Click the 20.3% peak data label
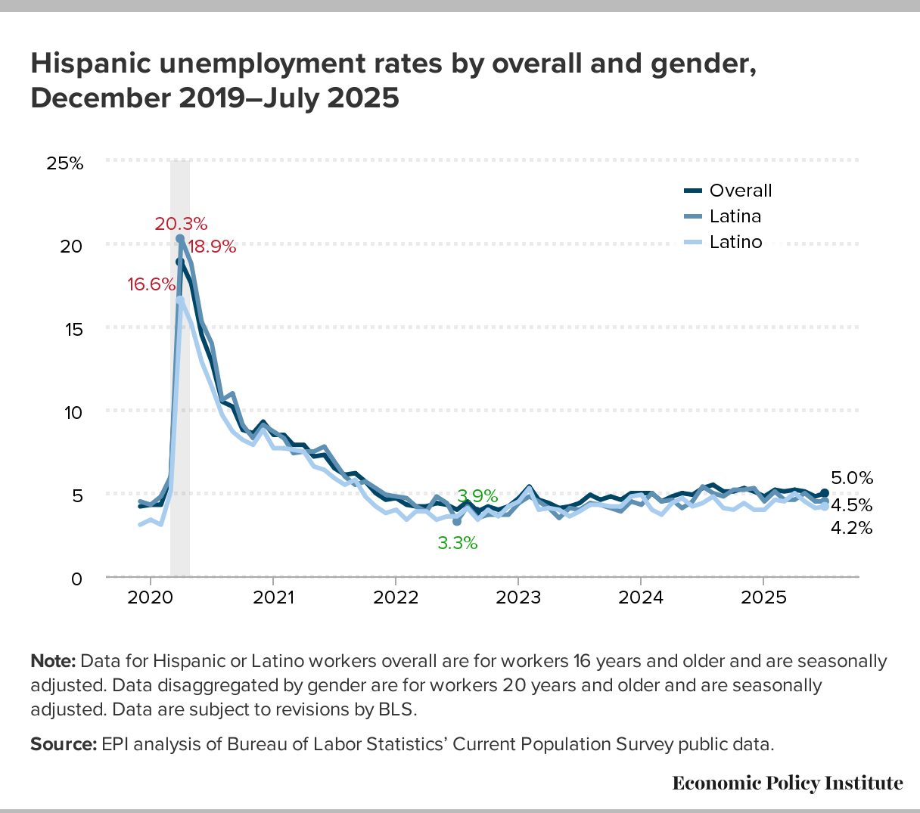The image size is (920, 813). click(x=181, y=224)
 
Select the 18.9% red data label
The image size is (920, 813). click(x=212, y=247)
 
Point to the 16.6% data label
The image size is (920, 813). click(x=151, y=285)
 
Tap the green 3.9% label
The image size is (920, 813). click(x=477, y=497)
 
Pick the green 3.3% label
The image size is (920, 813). click(x=458, y=543)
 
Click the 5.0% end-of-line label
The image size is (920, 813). click(x=852, y=478)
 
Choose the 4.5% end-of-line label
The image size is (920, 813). click(x=852, y=505)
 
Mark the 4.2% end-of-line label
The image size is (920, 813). click(x=852, y=529)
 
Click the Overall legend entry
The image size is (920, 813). click(x=741, y=191)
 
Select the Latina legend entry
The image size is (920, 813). click(x=735, y=217)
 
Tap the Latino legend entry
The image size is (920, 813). click(x=735, y=243)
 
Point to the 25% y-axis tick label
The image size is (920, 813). click(x=65, y=163)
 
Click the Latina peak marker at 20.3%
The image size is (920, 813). click(x=180, y=238)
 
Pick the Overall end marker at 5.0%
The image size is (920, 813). click(x=825, y=493)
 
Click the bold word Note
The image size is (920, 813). click(x=52, y=662)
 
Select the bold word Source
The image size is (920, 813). click(x=63, y=744)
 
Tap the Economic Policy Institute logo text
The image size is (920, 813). click(x=788, y=784)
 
